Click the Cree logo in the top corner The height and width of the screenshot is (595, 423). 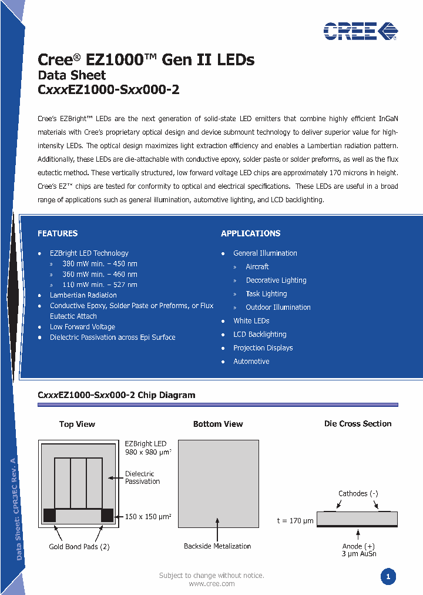pyautogui.click(x=360, y=31)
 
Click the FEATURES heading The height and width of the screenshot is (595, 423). pyautogui.click(x=58, y=233)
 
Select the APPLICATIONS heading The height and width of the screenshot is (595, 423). pyautogui.click(x=250, y=233)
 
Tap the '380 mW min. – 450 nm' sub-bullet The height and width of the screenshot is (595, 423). pyautogui.click(x=99, y=263)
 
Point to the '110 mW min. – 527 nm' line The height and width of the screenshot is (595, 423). pyautogui.click(x=99, y=285)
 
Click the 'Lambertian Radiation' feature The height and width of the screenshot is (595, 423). pyautogui.click(x=83, y=295)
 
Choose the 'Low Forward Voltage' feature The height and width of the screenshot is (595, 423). pyautogui.click(x=82, y=327)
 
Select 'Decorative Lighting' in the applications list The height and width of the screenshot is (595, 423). pyautogui.click(x=276, y=280)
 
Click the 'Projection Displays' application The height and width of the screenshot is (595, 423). pyautogui.click(x=263, y=348)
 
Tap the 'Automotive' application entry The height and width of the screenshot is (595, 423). pyautogui.click(x=251, y=362)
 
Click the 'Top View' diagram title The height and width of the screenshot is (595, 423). pyautogui.click(x=77, y=424)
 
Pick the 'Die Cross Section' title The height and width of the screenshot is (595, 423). pyautogui.click(x=358, y=423)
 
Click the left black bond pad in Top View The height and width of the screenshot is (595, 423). pyautogui.click(x=49, y=515)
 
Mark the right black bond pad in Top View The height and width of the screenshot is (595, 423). pyautogui.click(x=107, y=515)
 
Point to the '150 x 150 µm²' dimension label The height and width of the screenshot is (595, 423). pyautogui.click(x=148, y=516)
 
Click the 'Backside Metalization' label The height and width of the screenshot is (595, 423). pyautogui.click(x=217, y=546)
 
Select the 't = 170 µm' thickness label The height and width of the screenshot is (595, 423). pyautogui.click(x=295, y=521)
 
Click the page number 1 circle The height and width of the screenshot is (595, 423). pyautogui.click(x=388, y=577)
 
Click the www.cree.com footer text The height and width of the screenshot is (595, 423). pyautogui.click(x=211, y=584)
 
